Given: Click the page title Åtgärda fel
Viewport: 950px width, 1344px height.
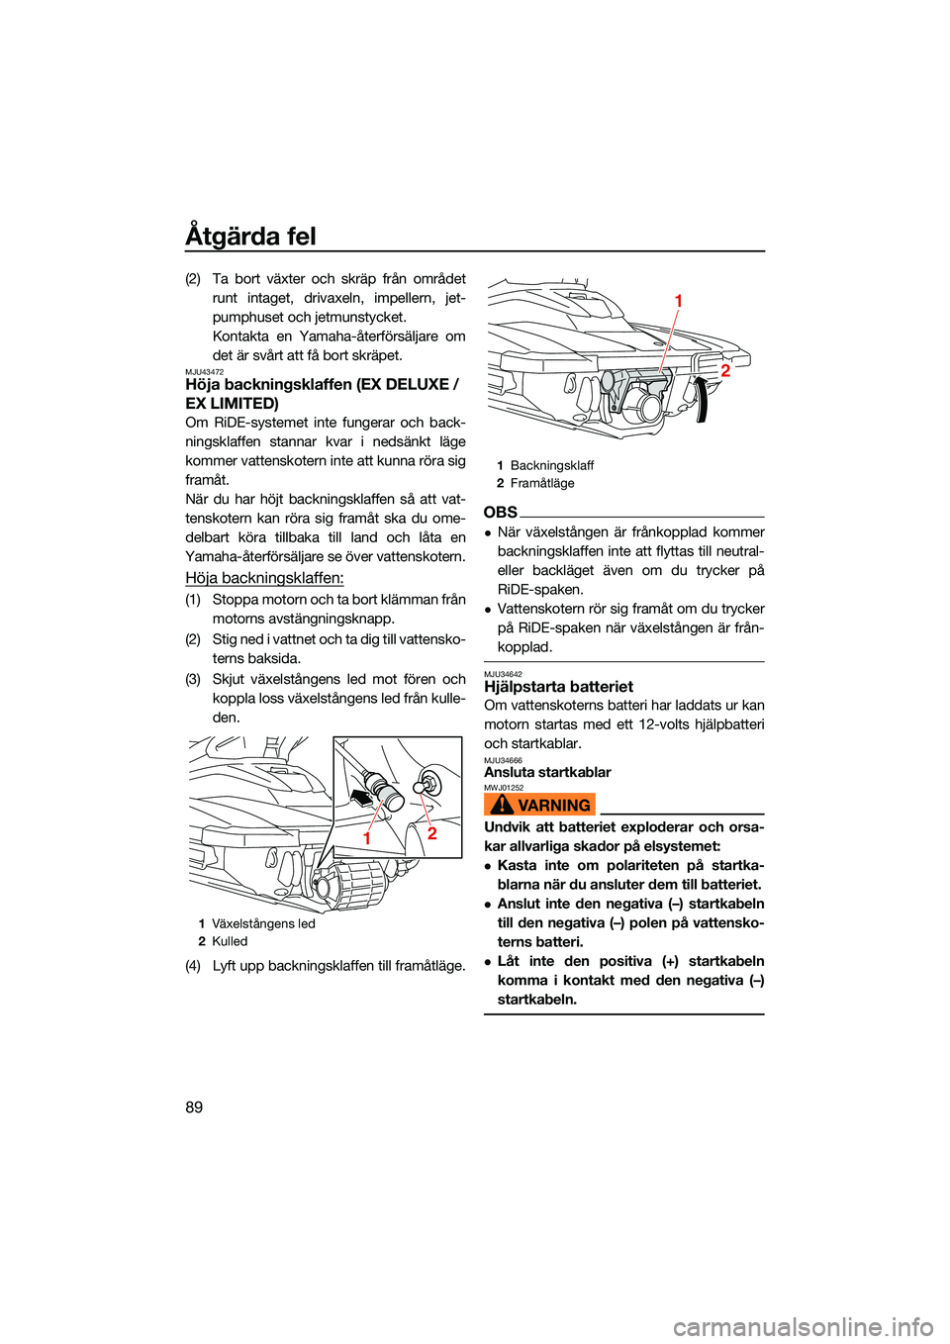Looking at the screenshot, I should pos(250,237).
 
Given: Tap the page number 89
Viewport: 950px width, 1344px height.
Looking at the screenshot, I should pos(194,1107).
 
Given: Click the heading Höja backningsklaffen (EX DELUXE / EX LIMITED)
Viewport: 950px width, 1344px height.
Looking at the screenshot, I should pos(322,394).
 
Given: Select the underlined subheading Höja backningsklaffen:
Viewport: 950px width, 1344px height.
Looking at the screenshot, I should pos(264,578).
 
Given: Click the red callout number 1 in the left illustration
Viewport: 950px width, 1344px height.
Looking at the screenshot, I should pos(367,837).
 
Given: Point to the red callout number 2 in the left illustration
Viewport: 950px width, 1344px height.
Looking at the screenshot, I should pos(431,833).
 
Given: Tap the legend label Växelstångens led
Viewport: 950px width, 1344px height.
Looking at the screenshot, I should pos(263,923).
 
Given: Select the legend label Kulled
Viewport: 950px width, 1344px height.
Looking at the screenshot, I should pos(230,941).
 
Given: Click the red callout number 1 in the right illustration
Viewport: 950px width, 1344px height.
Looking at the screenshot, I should pos(679,301).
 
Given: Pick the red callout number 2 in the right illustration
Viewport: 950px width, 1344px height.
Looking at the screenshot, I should pos(725,371).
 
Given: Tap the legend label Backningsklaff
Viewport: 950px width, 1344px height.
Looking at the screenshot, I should pos(552,465).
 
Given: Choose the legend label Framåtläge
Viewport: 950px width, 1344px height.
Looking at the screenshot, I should pos(542,483).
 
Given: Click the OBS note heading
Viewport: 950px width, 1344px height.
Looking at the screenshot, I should pos(501,513).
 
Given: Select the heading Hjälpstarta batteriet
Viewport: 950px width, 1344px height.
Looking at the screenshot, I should pos(559,687).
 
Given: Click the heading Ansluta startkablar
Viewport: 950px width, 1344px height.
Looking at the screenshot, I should pos(547,772).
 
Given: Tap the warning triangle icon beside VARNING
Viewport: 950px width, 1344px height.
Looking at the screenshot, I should pos(502,805).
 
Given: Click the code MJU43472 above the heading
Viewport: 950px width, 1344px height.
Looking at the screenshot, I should pos(204,372).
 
